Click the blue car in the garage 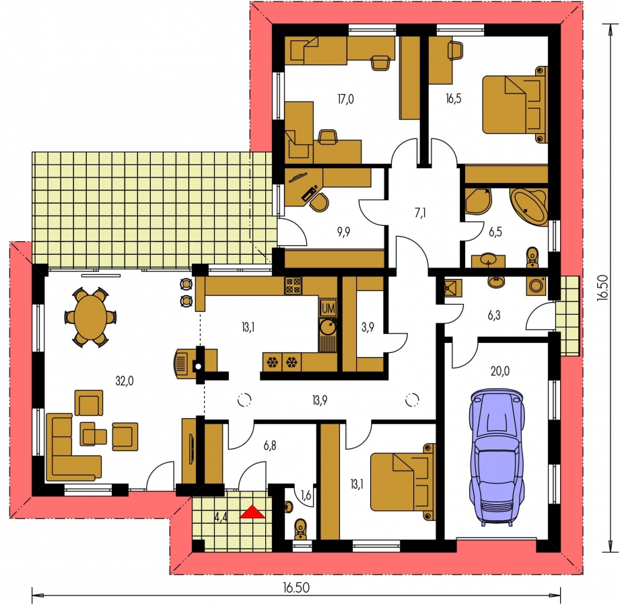(x=497, y=457)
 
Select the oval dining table (x=90, y=317)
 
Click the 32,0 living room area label (x=125, y=381)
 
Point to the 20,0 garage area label (x=500, y=372)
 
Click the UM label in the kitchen (x=329, y=309)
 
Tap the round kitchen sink (x=328, y=327)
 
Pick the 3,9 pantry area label (x=368, y=327)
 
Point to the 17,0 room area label (x=345, y=99)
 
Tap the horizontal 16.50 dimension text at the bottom (x=296, y=588)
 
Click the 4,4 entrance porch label (x=221, y=518)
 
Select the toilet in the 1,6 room (x=300, y=529)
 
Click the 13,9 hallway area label (x=320, y=401)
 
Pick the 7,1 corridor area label (x=420, y=213)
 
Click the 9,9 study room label (x=343, y=232)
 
